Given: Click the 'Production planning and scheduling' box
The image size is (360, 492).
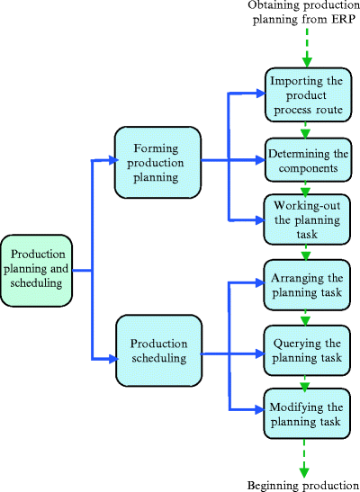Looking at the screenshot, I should (x=36, y=269).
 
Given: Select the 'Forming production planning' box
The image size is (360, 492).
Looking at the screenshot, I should (x=158, y=161).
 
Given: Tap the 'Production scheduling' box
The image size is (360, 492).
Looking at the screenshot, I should (x=158, y=349).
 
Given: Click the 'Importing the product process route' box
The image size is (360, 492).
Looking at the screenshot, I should (x=307, y=94).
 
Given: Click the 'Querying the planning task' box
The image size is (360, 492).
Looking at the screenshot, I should (x=307, y=349).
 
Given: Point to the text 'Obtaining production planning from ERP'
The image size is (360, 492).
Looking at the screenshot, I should (x=303, y=15).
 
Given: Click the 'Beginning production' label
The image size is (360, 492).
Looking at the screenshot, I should (x=302, y=486).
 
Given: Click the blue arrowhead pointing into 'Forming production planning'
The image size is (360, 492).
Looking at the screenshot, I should (x=110, y=161).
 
